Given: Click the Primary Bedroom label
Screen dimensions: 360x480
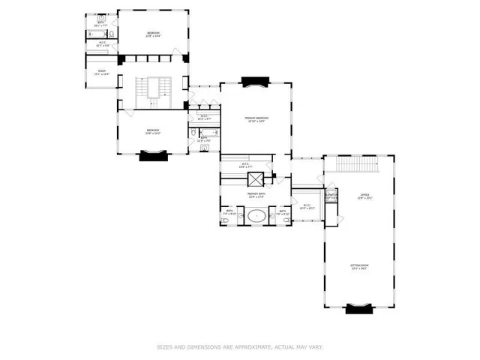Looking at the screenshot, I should click(x=256, y=119).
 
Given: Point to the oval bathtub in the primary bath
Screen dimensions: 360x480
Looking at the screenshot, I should click(x=257, y=216).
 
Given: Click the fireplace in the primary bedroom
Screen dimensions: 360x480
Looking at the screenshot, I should click(x=257, y=81).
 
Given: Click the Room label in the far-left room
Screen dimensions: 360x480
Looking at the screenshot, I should click(x=102, y=73).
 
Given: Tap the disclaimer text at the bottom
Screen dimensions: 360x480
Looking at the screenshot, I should click(x=239, y=346).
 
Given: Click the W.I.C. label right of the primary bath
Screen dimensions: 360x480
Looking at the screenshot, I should click(x=307, y=207).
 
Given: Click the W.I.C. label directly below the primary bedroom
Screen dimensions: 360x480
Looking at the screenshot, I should click(x=245, y=166).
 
